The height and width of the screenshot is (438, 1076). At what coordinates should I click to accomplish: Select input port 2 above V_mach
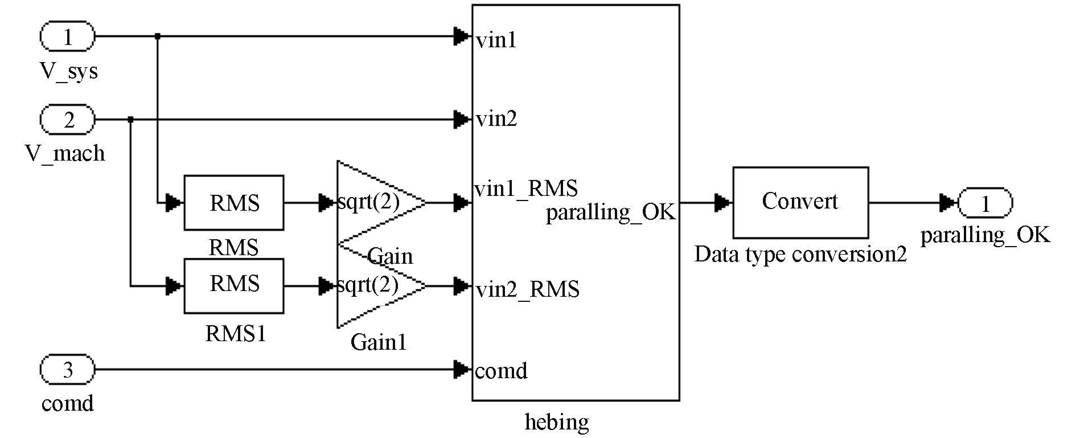pyautogui.click(x=67, y=120)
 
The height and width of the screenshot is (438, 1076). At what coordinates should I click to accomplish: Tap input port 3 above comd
pyautogui.click(x=67, y=370)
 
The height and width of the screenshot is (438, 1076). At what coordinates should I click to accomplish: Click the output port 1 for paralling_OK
pyautogui.click(x=985, y=203)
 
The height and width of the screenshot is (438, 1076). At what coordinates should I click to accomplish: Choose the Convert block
pyautogui.click(x=800, y=202)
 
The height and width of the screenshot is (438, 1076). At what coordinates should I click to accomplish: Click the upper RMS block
pyautogui.click(x=234, y=203)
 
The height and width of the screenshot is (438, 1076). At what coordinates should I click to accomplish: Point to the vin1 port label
pyautogui.click(x=496, y=40)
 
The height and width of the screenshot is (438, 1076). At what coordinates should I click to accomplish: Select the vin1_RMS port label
pyautogui.click(x=526, y=189)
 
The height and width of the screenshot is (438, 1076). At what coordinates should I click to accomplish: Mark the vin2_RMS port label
pyautogui.click(x=527, y=289)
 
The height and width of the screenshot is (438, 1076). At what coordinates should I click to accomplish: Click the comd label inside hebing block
pyautogui.click(x=501, y=371)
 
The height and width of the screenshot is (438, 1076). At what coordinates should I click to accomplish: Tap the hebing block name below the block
pyautogui.click(x=556, y=422)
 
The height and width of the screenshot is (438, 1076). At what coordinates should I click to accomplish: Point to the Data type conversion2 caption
pyautogui.click(x=800, y=254)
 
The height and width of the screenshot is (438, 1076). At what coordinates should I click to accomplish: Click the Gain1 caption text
pyautogui.click(x=379, y=342)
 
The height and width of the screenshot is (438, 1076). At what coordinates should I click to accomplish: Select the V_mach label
pyautogui.click(x=65, y=153)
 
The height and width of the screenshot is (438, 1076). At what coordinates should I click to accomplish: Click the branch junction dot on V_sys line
pyautogui.click(x=158, y=36)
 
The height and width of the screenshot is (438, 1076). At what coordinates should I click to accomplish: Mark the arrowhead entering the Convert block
pyautogui.click(x=724, y=202)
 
